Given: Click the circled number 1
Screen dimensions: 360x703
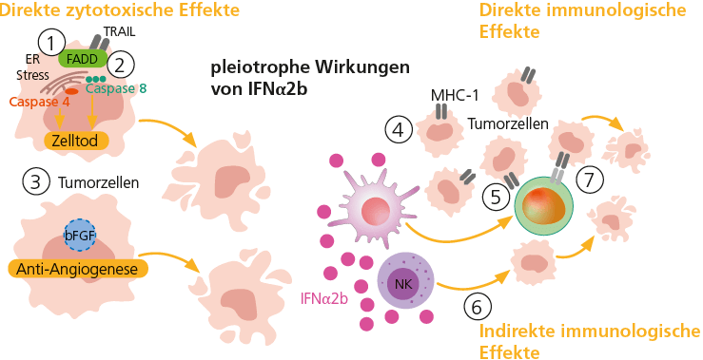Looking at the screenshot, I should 51,42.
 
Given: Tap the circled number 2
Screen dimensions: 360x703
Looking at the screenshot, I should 121,65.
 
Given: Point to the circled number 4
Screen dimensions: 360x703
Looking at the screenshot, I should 400,129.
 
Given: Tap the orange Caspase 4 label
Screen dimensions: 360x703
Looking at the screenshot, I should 40,102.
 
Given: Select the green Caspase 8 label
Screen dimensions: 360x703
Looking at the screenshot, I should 117,87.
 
